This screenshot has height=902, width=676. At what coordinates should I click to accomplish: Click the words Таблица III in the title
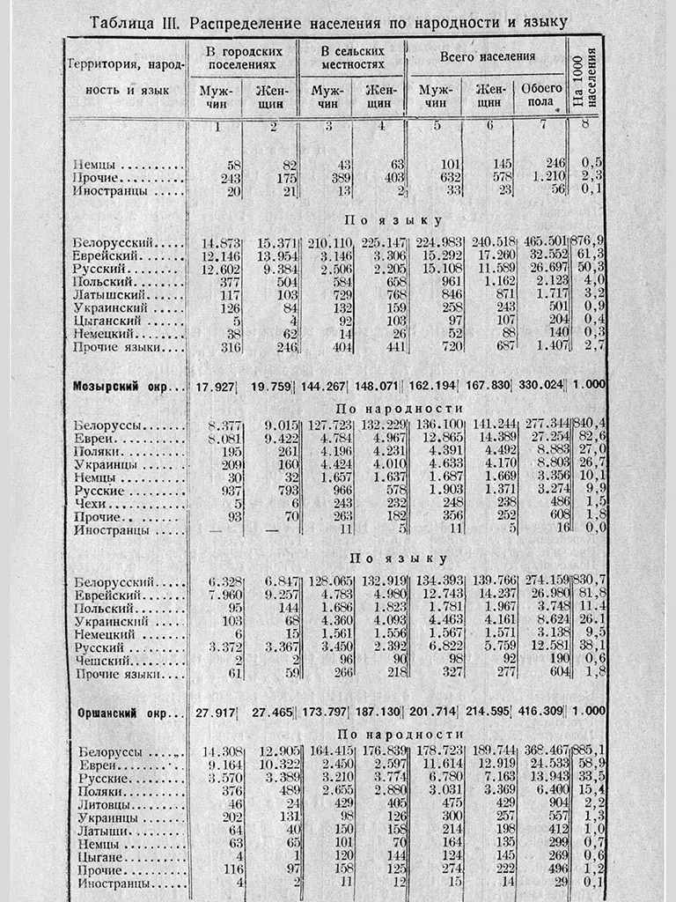click(136, 22)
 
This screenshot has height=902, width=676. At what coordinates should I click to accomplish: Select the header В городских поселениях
click(242, 58)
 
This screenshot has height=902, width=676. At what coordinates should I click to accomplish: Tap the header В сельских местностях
click(353, 58)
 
